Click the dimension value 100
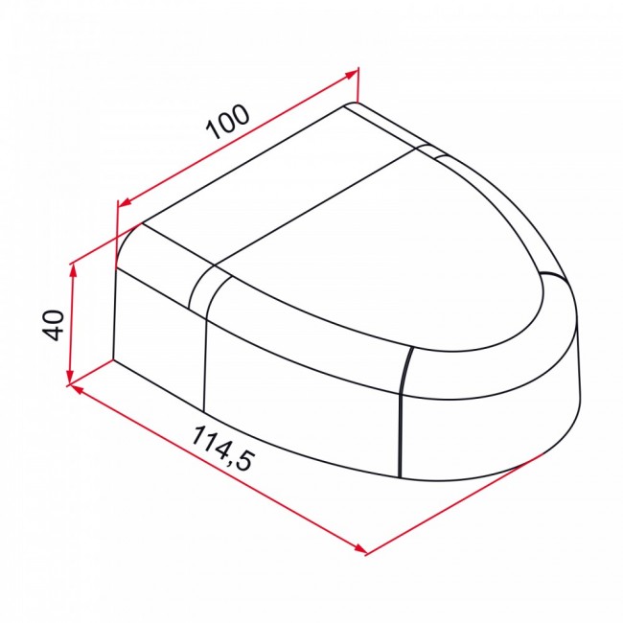pyautogui.click(x=228, y=122)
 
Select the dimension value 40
pyautogui.click(x=53, y=326)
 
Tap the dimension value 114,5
pyautogui.click(x=222, y=449)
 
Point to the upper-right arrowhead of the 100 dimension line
pyautogui.click(x=351, y=74)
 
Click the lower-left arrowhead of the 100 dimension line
pyautogui.click(x=126, y=202)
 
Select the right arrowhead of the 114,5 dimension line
pyautogui.click(x=360, y=548)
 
